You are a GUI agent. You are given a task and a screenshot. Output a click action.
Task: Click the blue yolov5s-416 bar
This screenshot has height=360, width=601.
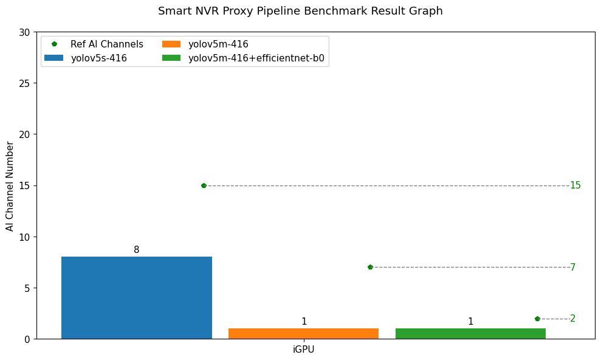click(x=136, y=297)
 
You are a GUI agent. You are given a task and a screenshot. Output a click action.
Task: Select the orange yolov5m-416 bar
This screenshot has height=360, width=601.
click(x=303, y=333)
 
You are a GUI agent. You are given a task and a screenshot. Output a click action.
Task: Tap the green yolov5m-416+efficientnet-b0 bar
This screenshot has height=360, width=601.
click(x=470, y=333)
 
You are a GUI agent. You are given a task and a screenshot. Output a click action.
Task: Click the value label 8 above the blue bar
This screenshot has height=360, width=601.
click(x=136, y=250)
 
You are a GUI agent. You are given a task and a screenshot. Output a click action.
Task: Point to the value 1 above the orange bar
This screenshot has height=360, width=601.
click(x=304, y=322)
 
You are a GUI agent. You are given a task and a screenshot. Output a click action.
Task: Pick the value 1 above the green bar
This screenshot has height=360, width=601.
click(x=470, y=322)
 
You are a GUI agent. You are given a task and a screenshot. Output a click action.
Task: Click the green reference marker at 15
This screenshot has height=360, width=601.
click(x=204, y=185)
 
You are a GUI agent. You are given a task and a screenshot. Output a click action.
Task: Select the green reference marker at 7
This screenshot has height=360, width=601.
click(x=370, y=267)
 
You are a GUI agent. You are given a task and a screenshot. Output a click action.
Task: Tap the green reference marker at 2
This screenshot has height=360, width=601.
click(x=537, y=319)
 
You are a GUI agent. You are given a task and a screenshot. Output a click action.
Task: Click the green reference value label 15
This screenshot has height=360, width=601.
click(x=575, y=185)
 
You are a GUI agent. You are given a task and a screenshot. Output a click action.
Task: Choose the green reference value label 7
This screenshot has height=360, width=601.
click(x=572, y=268)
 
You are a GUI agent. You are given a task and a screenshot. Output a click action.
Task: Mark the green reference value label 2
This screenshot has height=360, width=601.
click(x=572, y=319)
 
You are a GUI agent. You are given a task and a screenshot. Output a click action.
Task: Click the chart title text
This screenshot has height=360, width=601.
click(x=300, y=11)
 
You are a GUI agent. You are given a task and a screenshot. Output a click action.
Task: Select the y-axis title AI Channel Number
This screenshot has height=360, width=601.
click(x=10, y=185)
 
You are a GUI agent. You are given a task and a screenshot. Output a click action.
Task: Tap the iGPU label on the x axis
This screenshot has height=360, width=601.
click(x=303, y=350)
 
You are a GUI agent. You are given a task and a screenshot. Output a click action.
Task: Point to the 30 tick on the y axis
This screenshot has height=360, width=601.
click(x=24, y=32)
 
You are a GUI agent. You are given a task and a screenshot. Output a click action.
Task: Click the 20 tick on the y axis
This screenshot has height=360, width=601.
click(x=24, y=134)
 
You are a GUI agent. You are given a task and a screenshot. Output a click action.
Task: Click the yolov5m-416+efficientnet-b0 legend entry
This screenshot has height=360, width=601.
click(x=256, y=58)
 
